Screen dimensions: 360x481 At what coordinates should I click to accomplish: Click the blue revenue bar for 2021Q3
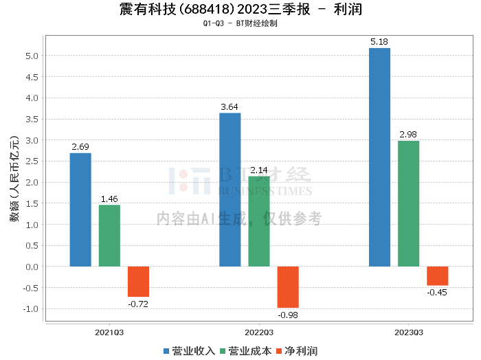tap(80, 210)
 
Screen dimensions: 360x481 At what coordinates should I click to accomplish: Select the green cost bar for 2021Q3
tap(109, 236)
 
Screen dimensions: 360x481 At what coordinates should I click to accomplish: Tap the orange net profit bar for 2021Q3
tap(138, 281)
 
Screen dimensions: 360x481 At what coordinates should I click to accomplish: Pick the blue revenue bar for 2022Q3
tap(230, 190)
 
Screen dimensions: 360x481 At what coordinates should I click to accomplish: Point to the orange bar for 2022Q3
tap(288, 286)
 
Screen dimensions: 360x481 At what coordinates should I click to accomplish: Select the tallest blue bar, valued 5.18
tap(379, 157)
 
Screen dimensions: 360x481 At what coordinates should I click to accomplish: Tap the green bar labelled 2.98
tap(408, 203)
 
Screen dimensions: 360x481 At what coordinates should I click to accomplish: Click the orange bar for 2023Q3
tap(437, 275)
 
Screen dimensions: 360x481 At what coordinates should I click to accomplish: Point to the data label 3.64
tap(230, 106)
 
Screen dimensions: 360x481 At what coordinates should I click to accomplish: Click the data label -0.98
tap(288, 315)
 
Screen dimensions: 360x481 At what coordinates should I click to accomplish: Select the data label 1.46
tap(109, 199)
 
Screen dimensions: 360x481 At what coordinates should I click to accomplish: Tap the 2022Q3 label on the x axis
tap(259, 332)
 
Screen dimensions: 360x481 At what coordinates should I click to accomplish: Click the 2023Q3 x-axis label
tap(408, 332)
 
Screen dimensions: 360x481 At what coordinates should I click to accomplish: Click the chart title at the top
tap(240, 10)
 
